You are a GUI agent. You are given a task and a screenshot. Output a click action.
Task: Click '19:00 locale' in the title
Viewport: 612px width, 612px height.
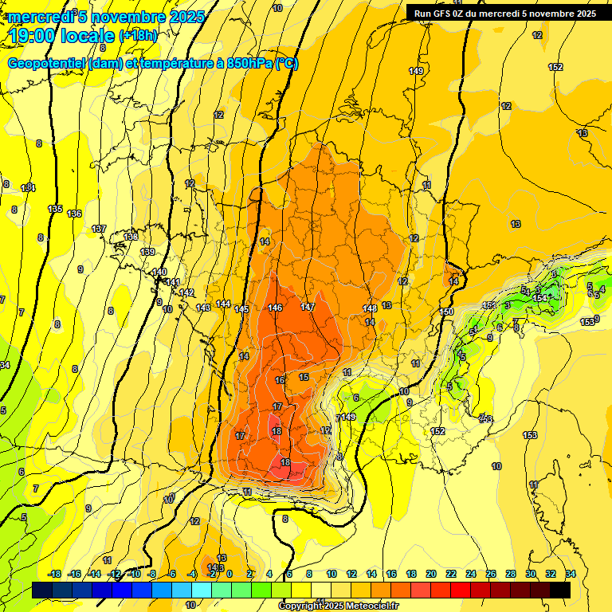tap(63, 35)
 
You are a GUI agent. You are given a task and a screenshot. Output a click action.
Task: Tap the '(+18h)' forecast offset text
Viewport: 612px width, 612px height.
tap(139, 35)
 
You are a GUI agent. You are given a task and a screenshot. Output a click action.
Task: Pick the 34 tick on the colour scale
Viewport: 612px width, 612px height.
tap(571, 574)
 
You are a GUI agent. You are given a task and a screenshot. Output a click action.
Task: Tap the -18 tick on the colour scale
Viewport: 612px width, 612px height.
tap(55, 574)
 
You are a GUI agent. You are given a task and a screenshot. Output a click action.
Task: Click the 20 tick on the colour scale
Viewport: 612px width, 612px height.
tap(431, 574)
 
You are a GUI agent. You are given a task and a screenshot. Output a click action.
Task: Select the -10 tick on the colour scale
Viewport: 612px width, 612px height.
tap(135, 574)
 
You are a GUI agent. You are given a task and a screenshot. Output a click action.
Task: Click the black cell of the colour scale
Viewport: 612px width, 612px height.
tap(560, 590)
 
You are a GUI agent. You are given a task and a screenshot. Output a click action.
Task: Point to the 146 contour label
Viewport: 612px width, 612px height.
tap(276, 308)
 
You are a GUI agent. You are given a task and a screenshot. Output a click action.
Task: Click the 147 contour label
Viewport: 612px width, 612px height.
tap(308, 307)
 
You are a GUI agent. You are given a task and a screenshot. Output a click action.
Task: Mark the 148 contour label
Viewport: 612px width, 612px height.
tap(370, 308)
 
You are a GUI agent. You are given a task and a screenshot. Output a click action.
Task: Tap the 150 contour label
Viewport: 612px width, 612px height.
tap(446, 311)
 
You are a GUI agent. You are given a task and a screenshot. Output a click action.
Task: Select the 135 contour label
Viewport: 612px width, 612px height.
tap(55, 209)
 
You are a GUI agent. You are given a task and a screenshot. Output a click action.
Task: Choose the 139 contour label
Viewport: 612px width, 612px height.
tap(147, 252)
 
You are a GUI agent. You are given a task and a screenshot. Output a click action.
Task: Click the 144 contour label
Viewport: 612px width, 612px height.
tap(223, 304)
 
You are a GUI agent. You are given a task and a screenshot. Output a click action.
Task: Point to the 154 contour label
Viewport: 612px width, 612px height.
tap(540, 298)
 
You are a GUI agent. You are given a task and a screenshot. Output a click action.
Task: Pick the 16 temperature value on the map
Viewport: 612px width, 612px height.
tap(280, 380)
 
